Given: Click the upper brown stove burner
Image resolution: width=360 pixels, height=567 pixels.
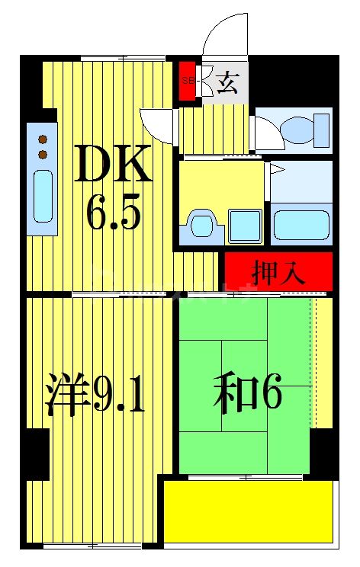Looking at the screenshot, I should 43,139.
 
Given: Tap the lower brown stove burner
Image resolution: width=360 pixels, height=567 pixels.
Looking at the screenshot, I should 43,155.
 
